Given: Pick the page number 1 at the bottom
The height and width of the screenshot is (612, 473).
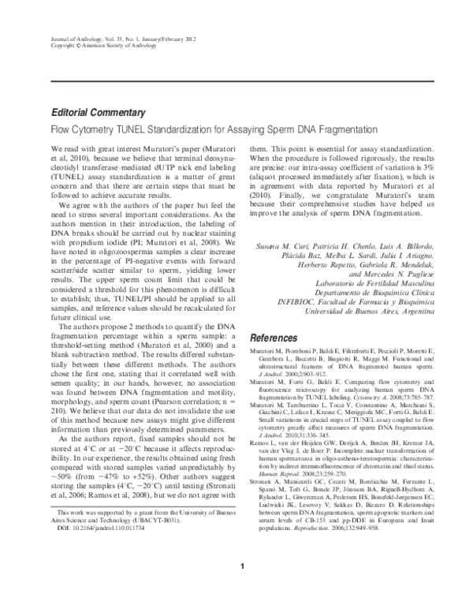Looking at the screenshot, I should click(244, 565).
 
